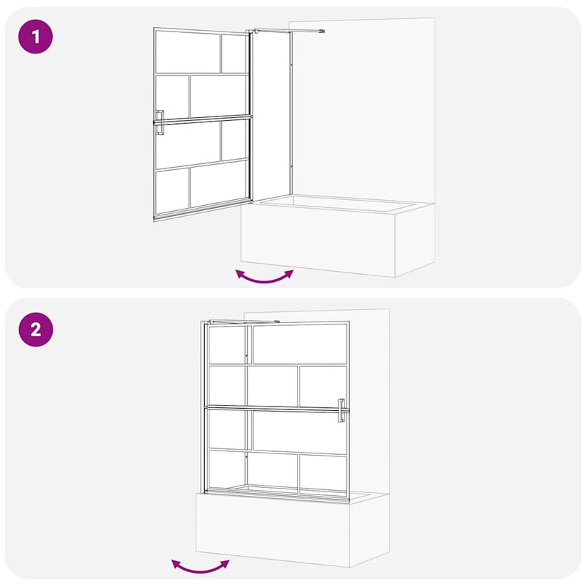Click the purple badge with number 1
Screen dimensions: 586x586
click(36, 37)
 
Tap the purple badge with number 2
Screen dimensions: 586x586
click(36, 330)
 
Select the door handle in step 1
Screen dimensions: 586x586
click(159, 122)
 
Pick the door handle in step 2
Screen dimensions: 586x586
click(341, 410)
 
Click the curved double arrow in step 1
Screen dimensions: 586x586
click(264, 276)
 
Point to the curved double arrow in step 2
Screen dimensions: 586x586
click(200, 565)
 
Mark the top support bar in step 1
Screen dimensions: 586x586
click(288, 30)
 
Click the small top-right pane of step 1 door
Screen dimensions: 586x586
click(234, 53)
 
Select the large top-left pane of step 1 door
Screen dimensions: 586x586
click(188, 52)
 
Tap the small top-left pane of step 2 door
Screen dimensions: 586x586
click(227, 344)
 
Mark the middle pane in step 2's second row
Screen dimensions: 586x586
click(272, 385)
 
